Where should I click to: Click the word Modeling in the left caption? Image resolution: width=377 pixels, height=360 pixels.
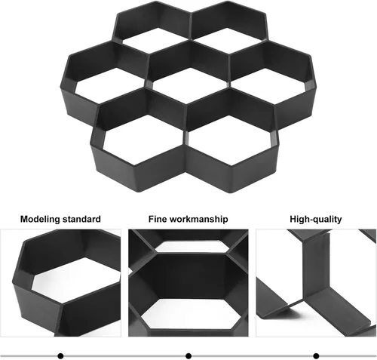click(x=40, y=219)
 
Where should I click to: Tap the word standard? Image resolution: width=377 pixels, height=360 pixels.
click(x=81, y=219)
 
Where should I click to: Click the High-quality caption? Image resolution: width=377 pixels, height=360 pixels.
click(x=316, y=219)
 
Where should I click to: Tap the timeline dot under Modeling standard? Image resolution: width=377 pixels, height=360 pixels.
click(x=60, y=356)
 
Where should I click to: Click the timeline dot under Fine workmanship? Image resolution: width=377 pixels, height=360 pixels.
click(x=188, y=356)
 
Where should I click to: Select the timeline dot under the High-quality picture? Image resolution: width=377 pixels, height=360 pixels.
click(x=316, y=356)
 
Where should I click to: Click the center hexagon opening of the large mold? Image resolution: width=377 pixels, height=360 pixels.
click(x=190, y=85)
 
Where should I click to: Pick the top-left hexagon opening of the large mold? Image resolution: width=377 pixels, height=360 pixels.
click(x=153, y=40)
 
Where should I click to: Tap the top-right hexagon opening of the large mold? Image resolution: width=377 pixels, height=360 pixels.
click(x=228, y=40)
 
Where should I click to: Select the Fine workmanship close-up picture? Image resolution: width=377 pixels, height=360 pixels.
click(x=188, y=283)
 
